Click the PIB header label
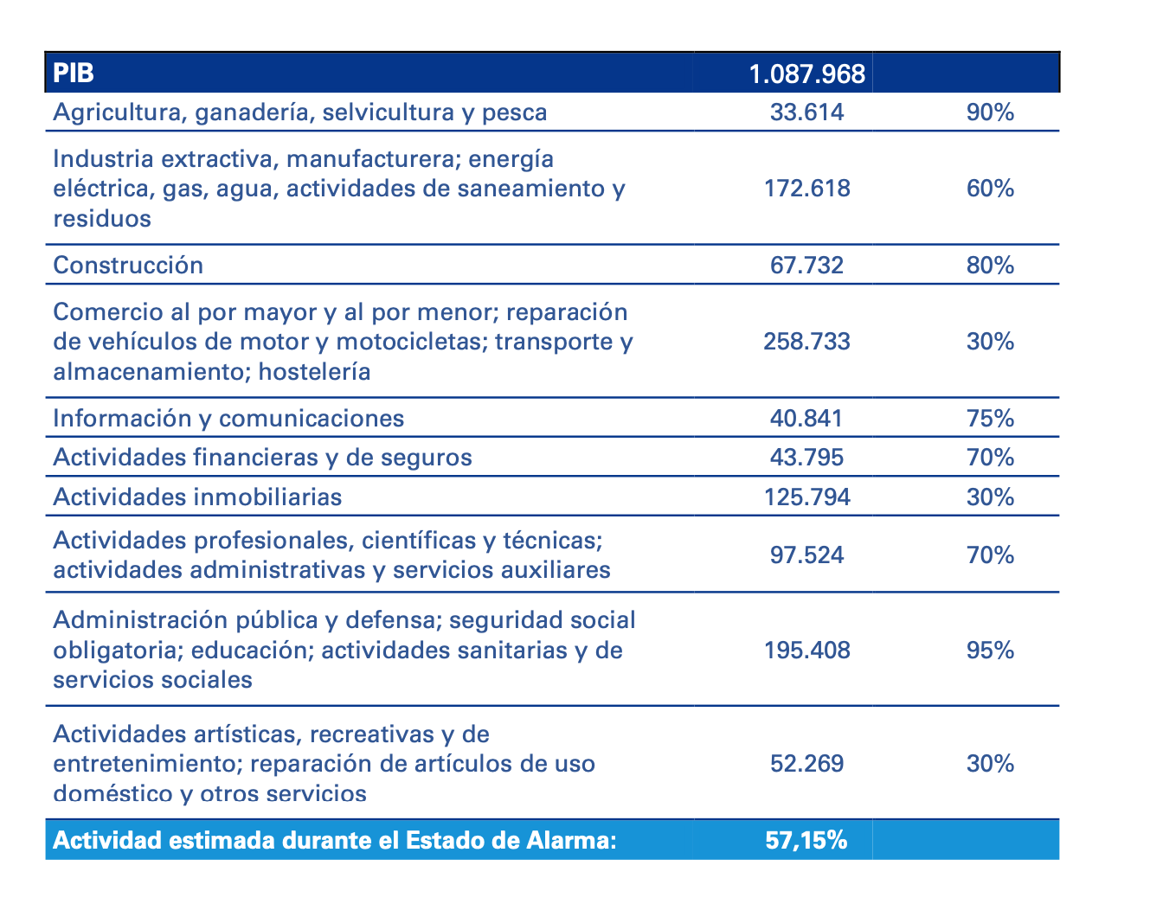coord(74,73)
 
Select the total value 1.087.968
coord(806,74)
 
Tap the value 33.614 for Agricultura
coord(806,112)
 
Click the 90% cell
coord(990,112)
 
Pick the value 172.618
coord(806,188)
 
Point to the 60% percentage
coord(990,188)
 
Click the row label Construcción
coord(128,265)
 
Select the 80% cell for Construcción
coord(990,265)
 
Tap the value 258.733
coord(806,341)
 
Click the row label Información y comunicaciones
coord(228,419)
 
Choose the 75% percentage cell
coord(990,419)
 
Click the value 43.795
coord(806,457)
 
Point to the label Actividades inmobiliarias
coord(197,497)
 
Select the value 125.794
coord(806,497)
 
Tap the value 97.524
coord(806,555)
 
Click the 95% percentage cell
coord(990,650)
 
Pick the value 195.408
coord(806,650)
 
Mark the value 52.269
coord(806,764)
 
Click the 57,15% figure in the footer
coord(806,840)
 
